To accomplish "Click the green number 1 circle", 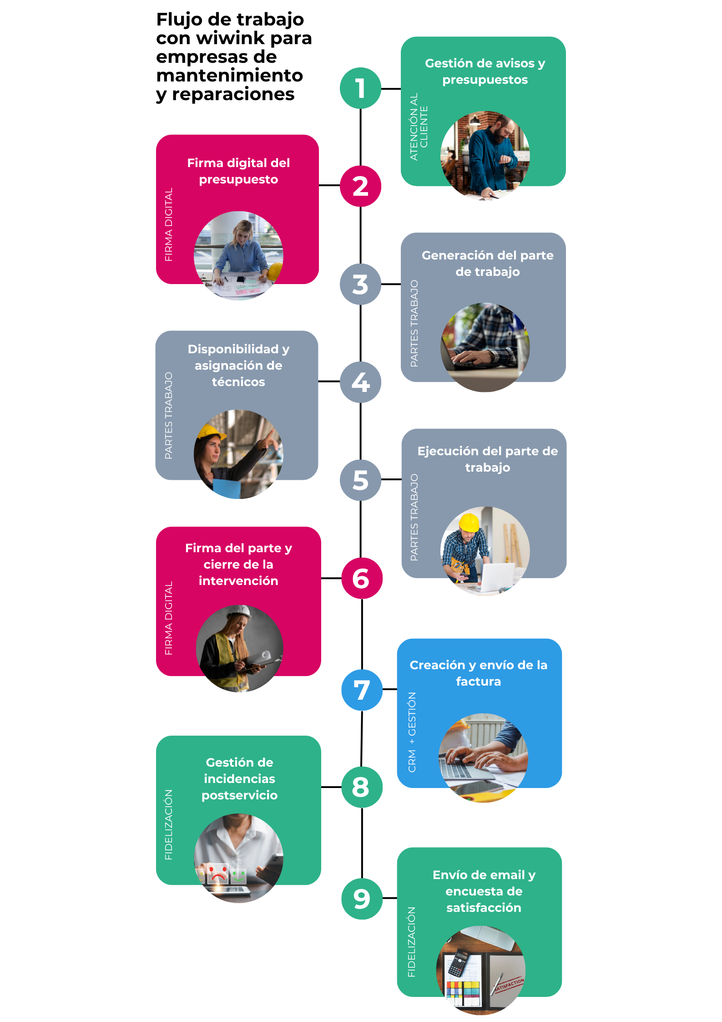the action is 360,88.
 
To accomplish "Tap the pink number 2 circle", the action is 360,186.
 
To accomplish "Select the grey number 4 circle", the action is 360,382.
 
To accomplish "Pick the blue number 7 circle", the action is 362,690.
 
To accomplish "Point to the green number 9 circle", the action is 362,899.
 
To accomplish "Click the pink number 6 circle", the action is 362,578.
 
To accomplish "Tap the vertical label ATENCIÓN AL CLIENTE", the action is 419,127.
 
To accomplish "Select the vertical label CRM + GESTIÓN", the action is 412,732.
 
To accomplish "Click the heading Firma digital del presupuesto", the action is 238,171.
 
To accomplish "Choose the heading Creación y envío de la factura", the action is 479,673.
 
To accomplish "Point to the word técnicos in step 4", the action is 238,381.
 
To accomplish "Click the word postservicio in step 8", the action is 239,795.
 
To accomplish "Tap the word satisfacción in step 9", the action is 484,908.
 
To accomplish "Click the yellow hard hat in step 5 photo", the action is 469,522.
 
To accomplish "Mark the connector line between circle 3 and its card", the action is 391,284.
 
